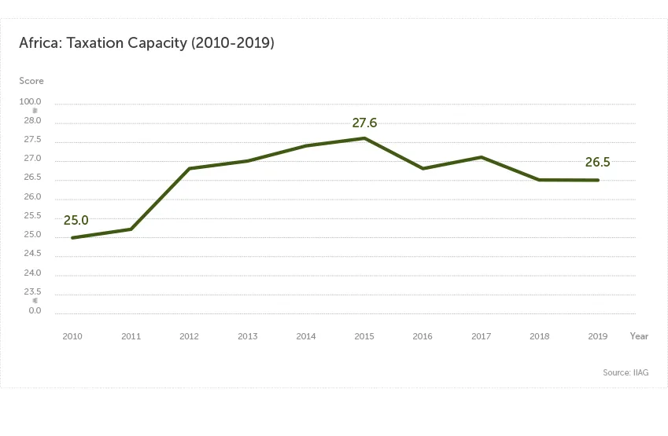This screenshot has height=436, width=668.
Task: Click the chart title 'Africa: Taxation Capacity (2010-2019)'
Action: click(146, 43)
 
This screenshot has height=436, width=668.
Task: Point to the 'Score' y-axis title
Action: click(31, 81)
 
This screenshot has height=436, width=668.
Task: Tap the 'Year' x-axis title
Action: click(639, 336)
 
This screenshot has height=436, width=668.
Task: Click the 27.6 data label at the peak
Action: click(364, 123)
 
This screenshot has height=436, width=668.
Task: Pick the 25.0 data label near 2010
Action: click(76, 221)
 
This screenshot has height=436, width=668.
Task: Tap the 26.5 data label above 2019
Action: click(597, 163)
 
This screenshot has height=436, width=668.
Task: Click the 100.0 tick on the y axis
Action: click(31, 103)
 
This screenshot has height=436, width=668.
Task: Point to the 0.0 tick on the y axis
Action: click(35, 311)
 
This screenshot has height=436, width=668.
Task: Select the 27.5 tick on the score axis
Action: click(32, 140)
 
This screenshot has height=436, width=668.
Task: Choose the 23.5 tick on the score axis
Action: click(32, 291)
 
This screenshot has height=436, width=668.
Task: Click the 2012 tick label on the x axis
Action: click(189, 336)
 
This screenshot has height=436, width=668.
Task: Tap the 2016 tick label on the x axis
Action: click(423, 336)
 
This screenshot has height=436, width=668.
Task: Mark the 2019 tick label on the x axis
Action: click(598, 336)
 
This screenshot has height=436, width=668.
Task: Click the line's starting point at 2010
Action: click(72, 237)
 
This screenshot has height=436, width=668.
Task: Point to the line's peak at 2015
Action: click(364, 138)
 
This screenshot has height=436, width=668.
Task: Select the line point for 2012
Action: click(189, 168)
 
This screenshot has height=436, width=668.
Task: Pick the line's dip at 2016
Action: click(423, 168)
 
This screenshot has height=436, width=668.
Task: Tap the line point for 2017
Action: click(481, 157)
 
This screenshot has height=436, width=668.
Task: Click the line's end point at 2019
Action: click(598, 180)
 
